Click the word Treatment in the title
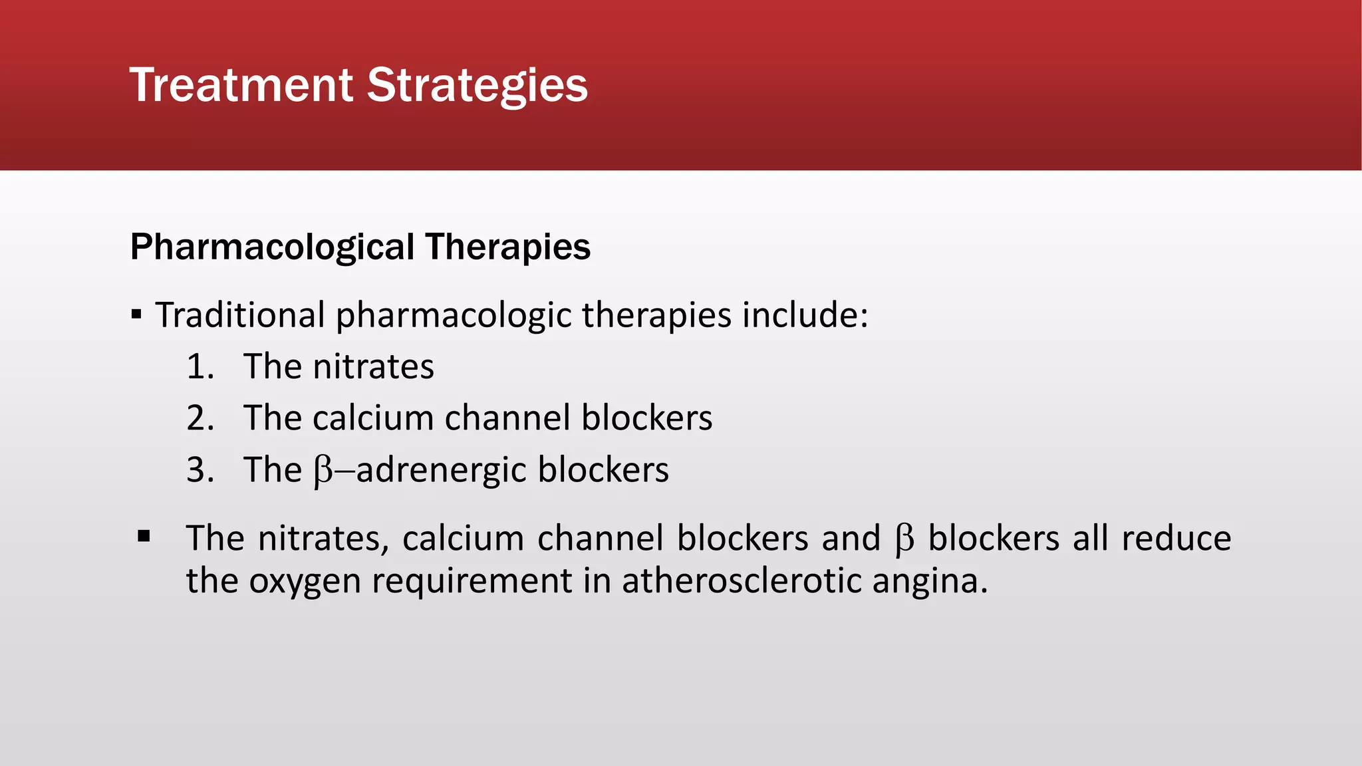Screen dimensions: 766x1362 pyautogui.click(x=241, y=85)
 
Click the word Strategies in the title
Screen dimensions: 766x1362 pyautogui.click(x=477, y=85)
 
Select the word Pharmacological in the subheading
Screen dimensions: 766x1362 pyautogui.click(x=272, y=247)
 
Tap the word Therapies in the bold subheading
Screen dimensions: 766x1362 pyautogui.click(x=507, y=247)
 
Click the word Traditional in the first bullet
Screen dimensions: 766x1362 pyautogui.click(x=240, y=315)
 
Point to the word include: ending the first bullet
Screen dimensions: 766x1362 pyautogui.click(x=805, y=315)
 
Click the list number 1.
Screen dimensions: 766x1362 pyautogui.click(x=200, y=367)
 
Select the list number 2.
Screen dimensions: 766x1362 pyautogui.click(x=200, y=418)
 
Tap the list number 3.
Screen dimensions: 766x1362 pyautogui.click(x=200, y=470)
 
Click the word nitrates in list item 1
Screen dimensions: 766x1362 pyautogui.click(x=373, y=367)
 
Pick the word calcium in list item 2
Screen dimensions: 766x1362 pyautogui.click(x=372, y=418)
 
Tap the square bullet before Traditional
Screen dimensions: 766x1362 pyautogui.click(x=136, y=315)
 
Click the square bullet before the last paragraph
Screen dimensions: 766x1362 pyautogui.click(x=144, y=536)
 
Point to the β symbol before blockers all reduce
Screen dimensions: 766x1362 pyautogui.click(x=904, y=539)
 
